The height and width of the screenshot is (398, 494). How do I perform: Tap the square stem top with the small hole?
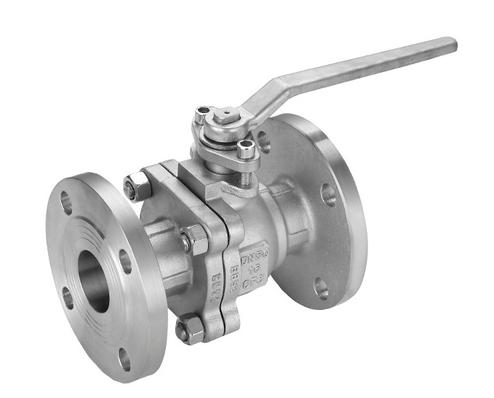click(x=226, y=115)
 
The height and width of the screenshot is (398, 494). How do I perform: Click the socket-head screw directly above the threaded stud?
click(x=246, y=151)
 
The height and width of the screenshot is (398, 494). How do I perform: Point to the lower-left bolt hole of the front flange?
click(x=68, y=297)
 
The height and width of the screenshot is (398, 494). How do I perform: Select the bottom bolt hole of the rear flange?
click(x=321, y=287)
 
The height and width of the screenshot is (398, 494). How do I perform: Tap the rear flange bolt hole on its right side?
click(x=329, y=194)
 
